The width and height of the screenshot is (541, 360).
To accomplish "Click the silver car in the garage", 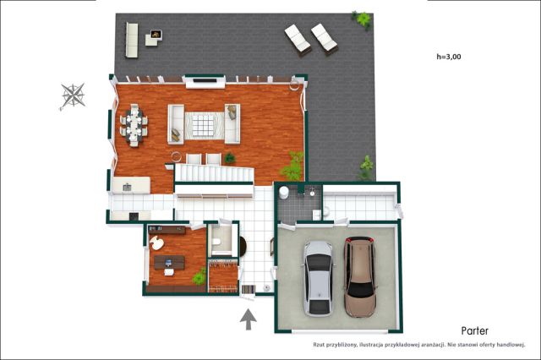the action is coord(318,279).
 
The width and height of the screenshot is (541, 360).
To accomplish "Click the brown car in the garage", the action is coord(360,276).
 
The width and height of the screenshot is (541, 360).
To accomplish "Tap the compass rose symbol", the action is coord(73,95).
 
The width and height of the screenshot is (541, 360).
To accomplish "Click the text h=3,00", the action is coord(449,57).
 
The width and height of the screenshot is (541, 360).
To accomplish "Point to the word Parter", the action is coord(475,331).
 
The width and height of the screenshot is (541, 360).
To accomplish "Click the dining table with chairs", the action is coord(134,125).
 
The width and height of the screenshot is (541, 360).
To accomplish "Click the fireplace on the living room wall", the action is coord(205,81).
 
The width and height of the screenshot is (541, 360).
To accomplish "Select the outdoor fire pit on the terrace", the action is coord(156,35).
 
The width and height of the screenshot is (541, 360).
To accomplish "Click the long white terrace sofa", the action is coord(132,40).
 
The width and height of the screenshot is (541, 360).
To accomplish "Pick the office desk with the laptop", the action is coord(169,263).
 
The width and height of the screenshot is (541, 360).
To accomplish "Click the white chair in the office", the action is coord(156,243).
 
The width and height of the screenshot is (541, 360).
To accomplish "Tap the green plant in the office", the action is coord(199,277).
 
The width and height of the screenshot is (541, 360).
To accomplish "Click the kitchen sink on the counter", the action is coord(127,188).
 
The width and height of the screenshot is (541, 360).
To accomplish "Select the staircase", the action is coord(214,172).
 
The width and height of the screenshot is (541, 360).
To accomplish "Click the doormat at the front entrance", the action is coord(249,289).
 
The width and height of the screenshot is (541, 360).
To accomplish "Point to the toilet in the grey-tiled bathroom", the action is coord(284,193).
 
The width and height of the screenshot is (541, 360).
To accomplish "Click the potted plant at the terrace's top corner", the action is coord(362,20).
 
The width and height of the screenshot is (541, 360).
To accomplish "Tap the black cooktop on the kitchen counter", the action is coord(134,216).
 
